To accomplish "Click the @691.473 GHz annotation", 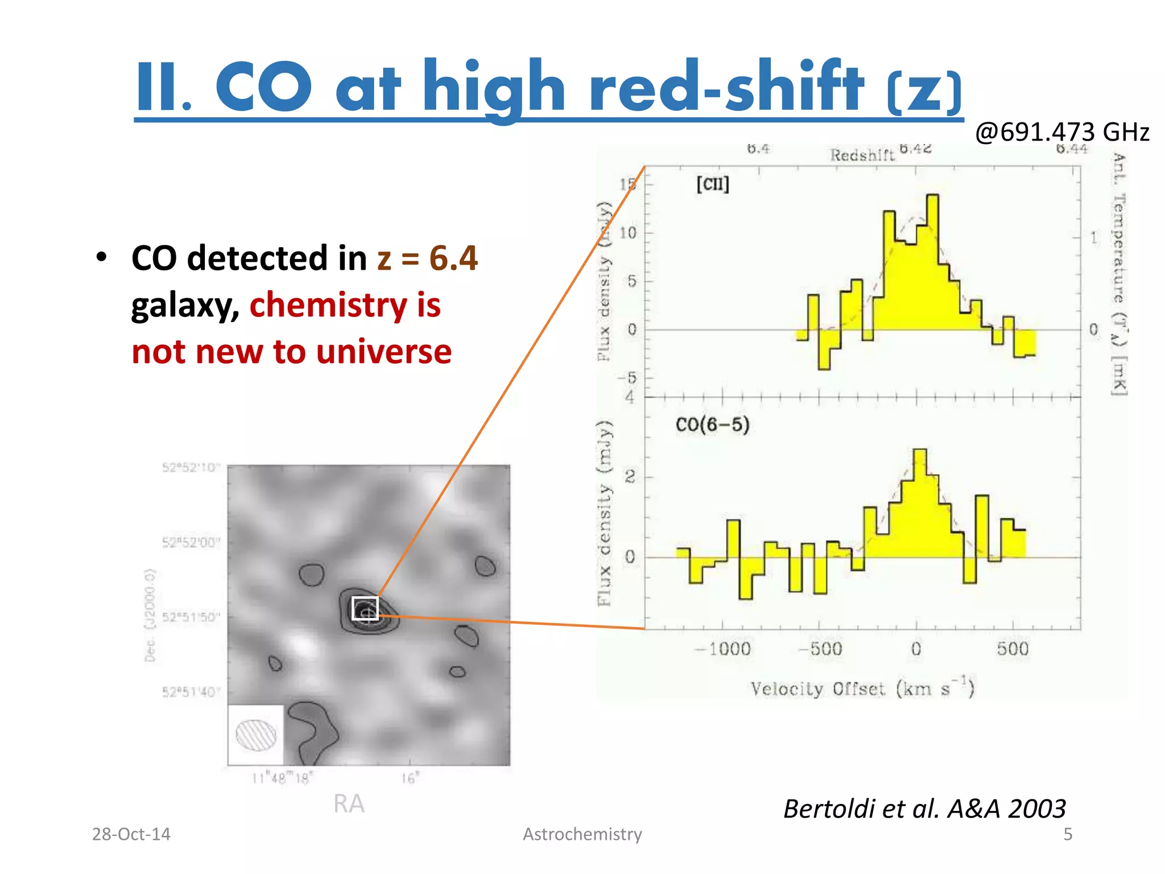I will pos(1061,132).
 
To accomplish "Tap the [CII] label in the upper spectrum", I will pos(712,184).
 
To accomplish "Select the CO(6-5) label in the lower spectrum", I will pos(712,424).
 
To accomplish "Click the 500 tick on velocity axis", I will pos(1013,649).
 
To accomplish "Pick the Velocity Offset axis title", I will pos(862,688).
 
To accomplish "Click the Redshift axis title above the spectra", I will pos(862,155).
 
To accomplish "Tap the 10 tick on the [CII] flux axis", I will pos(628,233).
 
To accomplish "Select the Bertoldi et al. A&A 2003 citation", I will pos(924,809).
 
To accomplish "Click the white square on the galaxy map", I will pos(365,609).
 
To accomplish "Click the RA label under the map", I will pos(349,804).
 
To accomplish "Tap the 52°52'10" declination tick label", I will pos(191,468).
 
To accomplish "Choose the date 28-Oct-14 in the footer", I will pos(131,834).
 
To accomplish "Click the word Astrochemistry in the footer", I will pos(582,834).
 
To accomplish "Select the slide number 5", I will pos(1068,834).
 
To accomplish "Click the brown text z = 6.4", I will pos(427,258).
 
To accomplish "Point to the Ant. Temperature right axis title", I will pos(1119,273).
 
